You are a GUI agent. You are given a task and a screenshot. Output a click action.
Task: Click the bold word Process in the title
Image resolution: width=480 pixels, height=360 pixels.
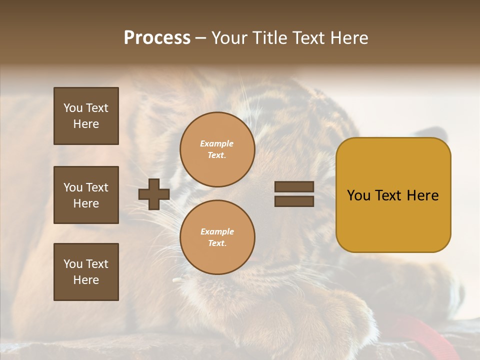tap(157, 38)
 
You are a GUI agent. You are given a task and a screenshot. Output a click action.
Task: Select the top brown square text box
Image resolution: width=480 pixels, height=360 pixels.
tap(86, 116)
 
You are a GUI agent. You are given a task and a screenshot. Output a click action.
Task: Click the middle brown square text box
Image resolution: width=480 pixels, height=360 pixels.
tap(86, 195)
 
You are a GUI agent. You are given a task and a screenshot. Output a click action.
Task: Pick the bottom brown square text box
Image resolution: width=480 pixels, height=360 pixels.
tap(86, 272)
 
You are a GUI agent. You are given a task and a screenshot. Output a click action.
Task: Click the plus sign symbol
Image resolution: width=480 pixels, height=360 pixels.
tap(154, 194)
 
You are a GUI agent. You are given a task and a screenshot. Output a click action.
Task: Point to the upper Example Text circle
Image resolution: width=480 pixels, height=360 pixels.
tap(217, 149)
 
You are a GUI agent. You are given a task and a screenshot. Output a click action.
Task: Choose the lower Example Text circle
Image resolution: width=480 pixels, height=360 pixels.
tap(217, 237)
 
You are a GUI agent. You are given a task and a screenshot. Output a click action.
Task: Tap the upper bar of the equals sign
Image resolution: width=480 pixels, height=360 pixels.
tap(294, 187)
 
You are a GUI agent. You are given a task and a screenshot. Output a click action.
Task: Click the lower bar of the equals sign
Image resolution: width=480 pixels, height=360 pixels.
tap(294, 201)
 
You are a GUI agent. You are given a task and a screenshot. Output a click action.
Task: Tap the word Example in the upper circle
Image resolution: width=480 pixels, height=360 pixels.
tap(217, 144)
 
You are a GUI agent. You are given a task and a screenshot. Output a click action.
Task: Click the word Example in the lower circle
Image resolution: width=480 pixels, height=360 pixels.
tap(217, 232)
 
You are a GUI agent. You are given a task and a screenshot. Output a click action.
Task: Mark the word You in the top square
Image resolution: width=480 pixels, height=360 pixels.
tap(73, 108)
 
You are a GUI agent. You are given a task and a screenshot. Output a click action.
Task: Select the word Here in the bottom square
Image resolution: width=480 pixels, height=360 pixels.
tap(86, 280)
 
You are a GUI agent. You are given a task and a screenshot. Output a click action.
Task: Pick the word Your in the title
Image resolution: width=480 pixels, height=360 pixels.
tap(230, 38)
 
